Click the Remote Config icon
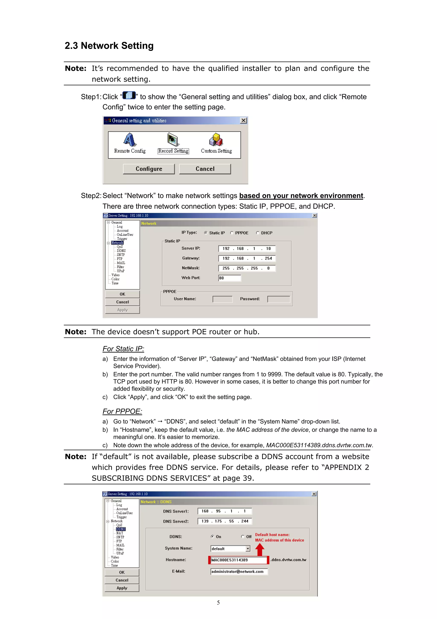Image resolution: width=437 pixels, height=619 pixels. pyautogui.click(x=130, y=140)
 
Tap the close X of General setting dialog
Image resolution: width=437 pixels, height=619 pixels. pyautogui.click(x=243, y=120)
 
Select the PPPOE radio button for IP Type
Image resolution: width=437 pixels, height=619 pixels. pyautogui.click(x=232, y=233)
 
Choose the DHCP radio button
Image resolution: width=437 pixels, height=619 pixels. pyautogui.click(x=258, y=233)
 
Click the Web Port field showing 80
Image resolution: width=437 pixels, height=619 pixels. pyautogui.click(x=229, y=278)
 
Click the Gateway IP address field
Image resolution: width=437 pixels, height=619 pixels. pyautogui.click(x=247, y=258)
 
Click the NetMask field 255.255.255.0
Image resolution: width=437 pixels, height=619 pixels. pyautogui.click(x=247, y=268)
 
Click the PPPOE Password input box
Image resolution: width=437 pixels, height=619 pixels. pyautogui.click(x=279, y=299)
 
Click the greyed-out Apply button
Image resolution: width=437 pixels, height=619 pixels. pyautogui.click(x=122, y=310)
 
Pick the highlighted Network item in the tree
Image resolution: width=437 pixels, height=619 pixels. pyautogui.click(x=117, y=243)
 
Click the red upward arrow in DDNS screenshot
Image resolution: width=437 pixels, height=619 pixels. pyautogui.click(x=260, y=549)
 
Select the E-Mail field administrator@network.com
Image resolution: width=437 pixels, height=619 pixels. pyautogui.click(x=239, y=572)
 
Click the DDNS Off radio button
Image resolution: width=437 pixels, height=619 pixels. pyautogui.click(x=242, y=537)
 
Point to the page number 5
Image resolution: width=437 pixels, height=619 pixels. pyautogui.click(x=218, y=603)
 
